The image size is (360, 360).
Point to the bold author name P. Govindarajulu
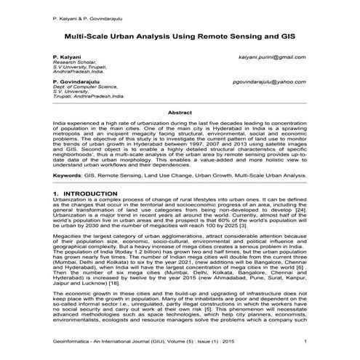click(76, 82)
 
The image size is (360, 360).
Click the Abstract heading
click(180, 113)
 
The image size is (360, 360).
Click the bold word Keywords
click(68, 175)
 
